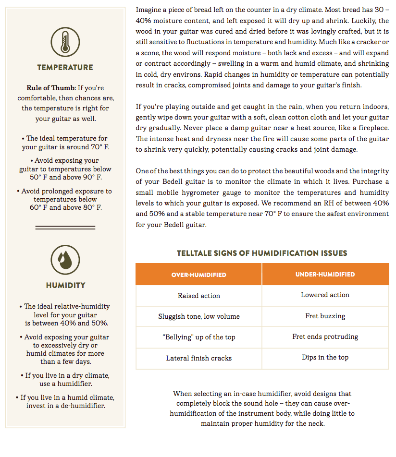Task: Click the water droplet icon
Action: pos(65,260)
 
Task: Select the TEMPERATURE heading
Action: pos(65,67)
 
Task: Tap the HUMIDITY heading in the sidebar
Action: pos(65,285)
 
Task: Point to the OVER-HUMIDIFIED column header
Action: pos(198,275)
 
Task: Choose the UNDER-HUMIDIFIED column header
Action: pos(325,275)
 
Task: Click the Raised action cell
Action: pos(198,296)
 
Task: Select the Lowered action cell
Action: pos(325,295)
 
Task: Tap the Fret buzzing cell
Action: pos(325,316)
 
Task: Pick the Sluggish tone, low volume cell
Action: pos(198,316)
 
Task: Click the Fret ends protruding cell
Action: pos(325,337)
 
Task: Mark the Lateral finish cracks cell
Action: pos(198,358)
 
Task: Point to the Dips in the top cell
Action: pos(325,357)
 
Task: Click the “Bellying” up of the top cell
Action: pos(198,337)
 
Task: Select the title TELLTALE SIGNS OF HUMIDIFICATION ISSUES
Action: pos(262,253)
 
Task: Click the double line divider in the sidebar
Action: pos(65,227)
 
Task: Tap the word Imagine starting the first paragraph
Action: pos(149,10)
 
